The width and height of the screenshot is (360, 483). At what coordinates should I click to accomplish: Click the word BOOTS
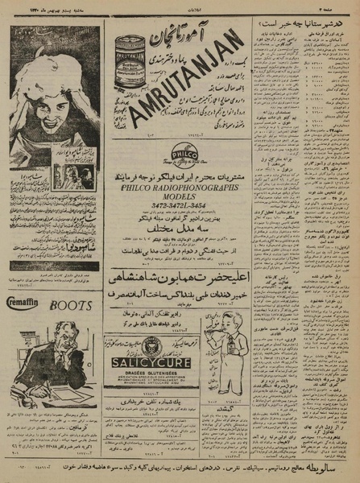(74, 306)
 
